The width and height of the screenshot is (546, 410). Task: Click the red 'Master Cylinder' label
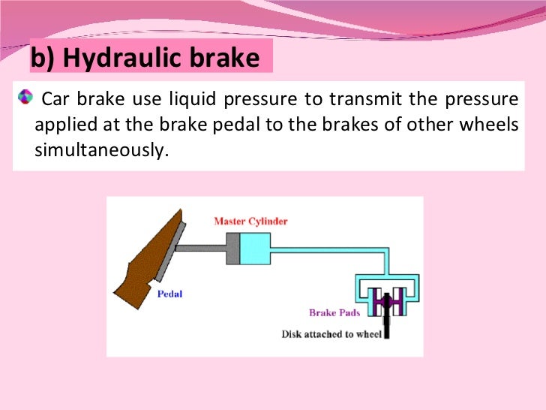pos(250,222)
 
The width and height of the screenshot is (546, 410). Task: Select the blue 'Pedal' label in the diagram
pos(169,294)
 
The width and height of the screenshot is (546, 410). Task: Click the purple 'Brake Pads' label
pos(333,312)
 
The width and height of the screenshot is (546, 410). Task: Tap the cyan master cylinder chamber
pos(256,249)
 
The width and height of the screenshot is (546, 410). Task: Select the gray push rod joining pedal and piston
pos(203,249)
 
